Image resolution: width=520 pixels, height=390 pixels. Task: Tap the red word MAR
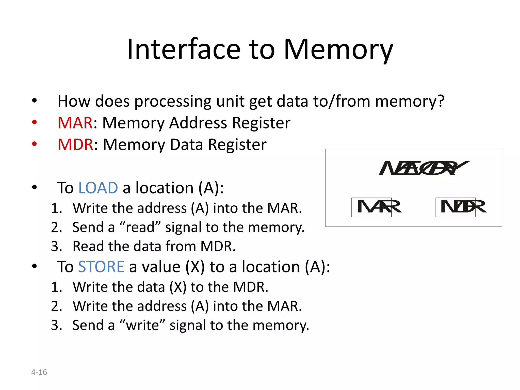(x=75, y=123)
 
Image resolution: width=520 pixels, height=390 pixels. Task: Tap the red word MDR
(x=75, y=145)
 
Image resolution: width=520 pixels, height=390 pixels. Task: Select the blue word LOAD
(x=98, y=188)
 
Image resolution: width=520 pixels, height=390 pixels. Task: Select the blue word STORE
(x=101, y=267)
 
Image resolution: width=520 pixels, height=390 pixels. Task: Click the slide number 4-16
(x=39, y=372)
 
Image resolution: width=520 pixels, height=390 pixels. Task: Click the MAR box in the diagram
(x=371, y=207)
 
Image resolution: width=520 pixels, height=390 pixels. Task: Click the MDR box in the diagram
(x=456, y=207)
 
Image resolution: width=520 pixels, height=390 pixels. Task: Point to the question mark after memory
(x=441, y=101)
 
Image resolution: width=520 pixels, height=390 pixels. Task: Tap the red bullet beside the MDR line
(x=34, y=144)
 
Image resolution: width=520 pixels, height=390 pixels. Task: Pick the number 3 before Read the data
(x=56, y=246)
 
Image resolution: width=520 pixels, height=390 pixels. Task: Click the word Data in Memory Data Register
(x=186, y=145)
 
